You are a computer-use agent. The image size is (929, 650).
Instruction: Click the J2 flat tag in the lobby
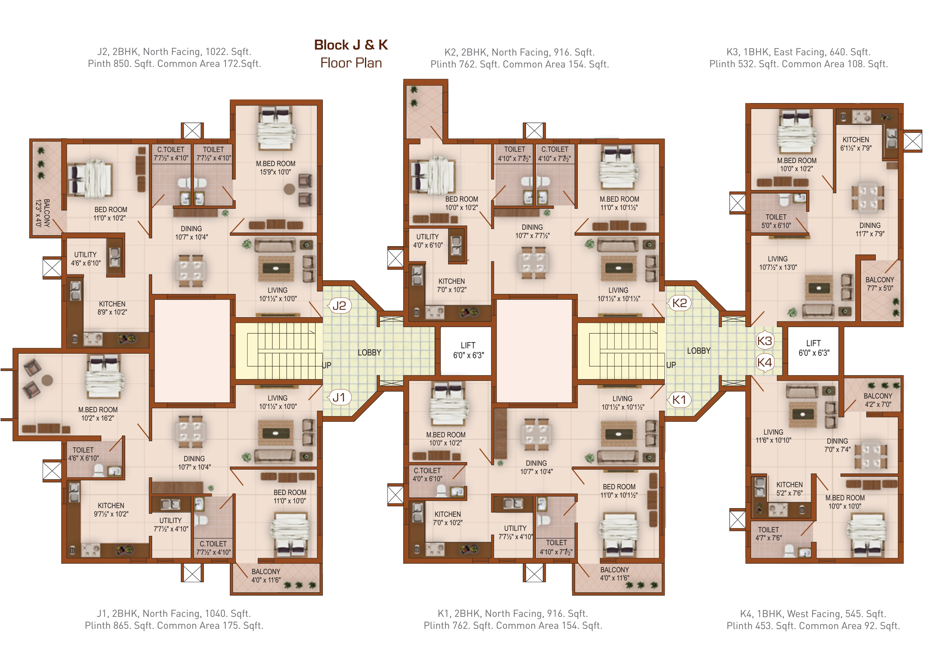tap(339, 306)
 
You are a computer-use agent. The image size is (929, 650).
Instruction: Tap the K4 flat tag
tap(764, 362)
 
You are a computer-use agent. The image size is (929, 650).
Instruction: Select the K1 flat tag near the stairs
tap(679, 400)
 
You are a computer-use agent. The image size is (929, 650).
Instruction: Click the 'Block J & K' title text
tap(351, 45)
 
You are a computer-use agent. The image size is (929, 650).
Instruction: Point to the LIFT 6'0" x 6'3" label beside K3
tap(814, 348)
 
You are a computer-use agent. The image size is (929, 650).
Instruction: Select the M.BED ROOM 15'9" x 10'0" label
tap(276, 168)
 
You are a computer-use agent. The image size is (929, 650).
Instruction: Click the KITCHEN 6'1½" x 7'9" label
tap(856, 144)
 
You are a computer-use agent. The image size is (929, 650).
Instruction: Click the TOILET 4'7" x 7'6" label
tap(768, 534)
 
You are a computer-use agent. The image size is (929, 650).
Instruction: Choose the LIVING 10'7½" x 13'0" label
tap(778, 263)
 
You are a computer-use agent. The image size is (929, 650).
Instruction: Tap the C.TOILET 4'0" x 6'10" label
tap(427, 474)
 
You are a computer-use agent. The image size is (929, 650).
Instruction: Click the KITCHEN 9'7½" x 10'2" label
tap(111, 510)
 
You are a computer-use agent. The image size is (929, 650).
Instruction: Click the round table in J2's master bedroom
tap(289, 189)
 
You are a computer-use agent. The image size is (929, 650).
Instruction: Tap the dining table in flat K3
tap(867, 198)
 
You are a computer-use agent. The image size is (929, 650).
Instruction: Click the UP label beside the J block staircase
tap(326, 365)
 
